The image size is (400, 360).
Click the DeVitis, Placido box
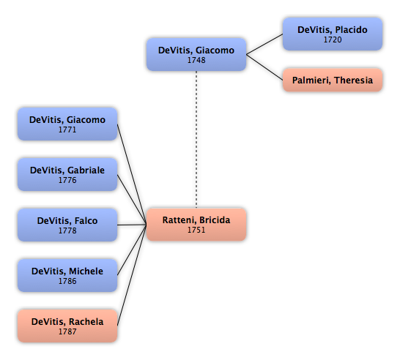coord(333,34)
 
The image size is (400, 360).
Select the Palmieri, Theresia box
coord(333,80)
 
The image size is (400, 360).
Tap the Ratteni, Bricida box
coord(196,225)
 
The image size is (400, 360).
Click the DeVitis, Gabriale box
coord(67,175)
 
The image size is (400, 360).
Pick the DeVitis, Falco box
coord(67,225)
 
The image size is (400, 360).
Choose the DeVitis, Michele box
coord(67,275)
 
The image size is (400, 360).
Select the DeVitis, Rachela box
coord(67,326)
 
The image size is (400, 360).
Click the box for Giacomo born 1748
coord(196,55)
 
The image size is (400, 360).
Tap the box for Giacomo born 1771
coord(67,124)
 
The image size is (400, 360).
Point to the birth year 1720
coord(333,40)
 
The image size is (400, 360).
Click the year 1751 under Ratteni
coord(196,230)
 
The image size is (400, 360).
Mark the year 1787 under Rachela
coord(67,331)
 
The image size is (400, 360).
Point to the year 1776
coord(67,180)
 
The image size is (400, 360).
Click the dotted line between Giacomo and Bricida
coord(196,139)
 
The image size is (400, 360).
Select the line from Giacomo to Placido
coord(264,45)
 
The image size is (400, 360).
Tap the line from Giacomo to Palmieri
coord(264,67)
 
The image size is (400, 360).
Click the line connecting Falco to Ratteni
coord(132,225)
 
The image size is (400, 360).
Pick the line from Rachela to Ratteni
coord(132,275)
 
